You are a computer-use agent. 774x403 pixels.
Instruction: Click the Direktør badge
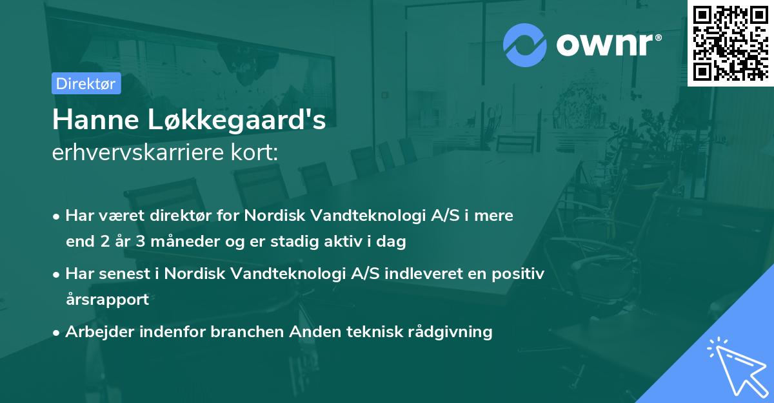pos(86,83)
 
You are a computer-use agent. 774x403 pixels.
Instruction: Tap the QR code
pos(730,43)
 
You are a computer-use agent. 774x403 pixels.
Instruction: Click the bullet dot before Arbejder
pos(57,333)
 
